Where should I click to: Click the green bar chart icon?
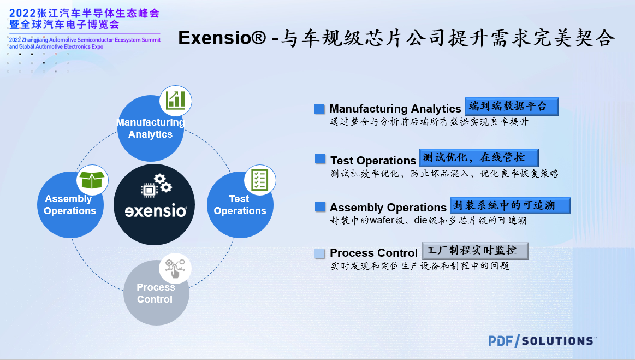[x=176, y=101]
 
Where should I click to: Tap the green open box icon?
[x=92, y=180]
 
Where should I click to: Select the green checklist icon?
[x=259, y=180]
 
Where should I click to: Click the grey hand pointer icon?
[x=175, y=268]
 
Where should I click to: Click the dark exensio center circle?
[x=155, y=205]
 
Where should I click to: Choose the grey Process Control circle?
[x=156, y=292]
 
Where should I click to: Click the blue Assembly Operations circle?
[x=70, y=205]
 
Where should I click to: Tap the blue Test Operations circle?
[x=240, y=205]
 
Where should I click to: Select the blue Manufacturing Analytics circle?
[x=150, y=128]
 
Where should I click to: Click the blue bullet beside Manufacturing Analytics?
[x=319, y=109]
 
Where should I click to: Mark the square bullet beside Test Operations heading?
[x=320, y=159]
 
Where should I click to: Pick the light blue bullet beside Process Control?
[x=319, y=253]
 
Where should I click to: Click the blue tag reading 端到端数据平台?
[x=512, y=106]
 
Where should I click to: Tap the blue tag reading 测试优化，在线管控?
[x=479, y=158]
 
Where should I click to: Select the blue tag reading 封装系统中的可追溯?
[x=511, y=205]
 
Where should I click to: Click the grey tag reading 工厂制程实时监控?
[x=476, y=251]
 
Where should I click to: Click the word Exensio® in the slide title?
[x=222, y=38]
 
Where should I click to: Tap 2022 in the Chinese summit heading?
[x=22, y=13]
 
